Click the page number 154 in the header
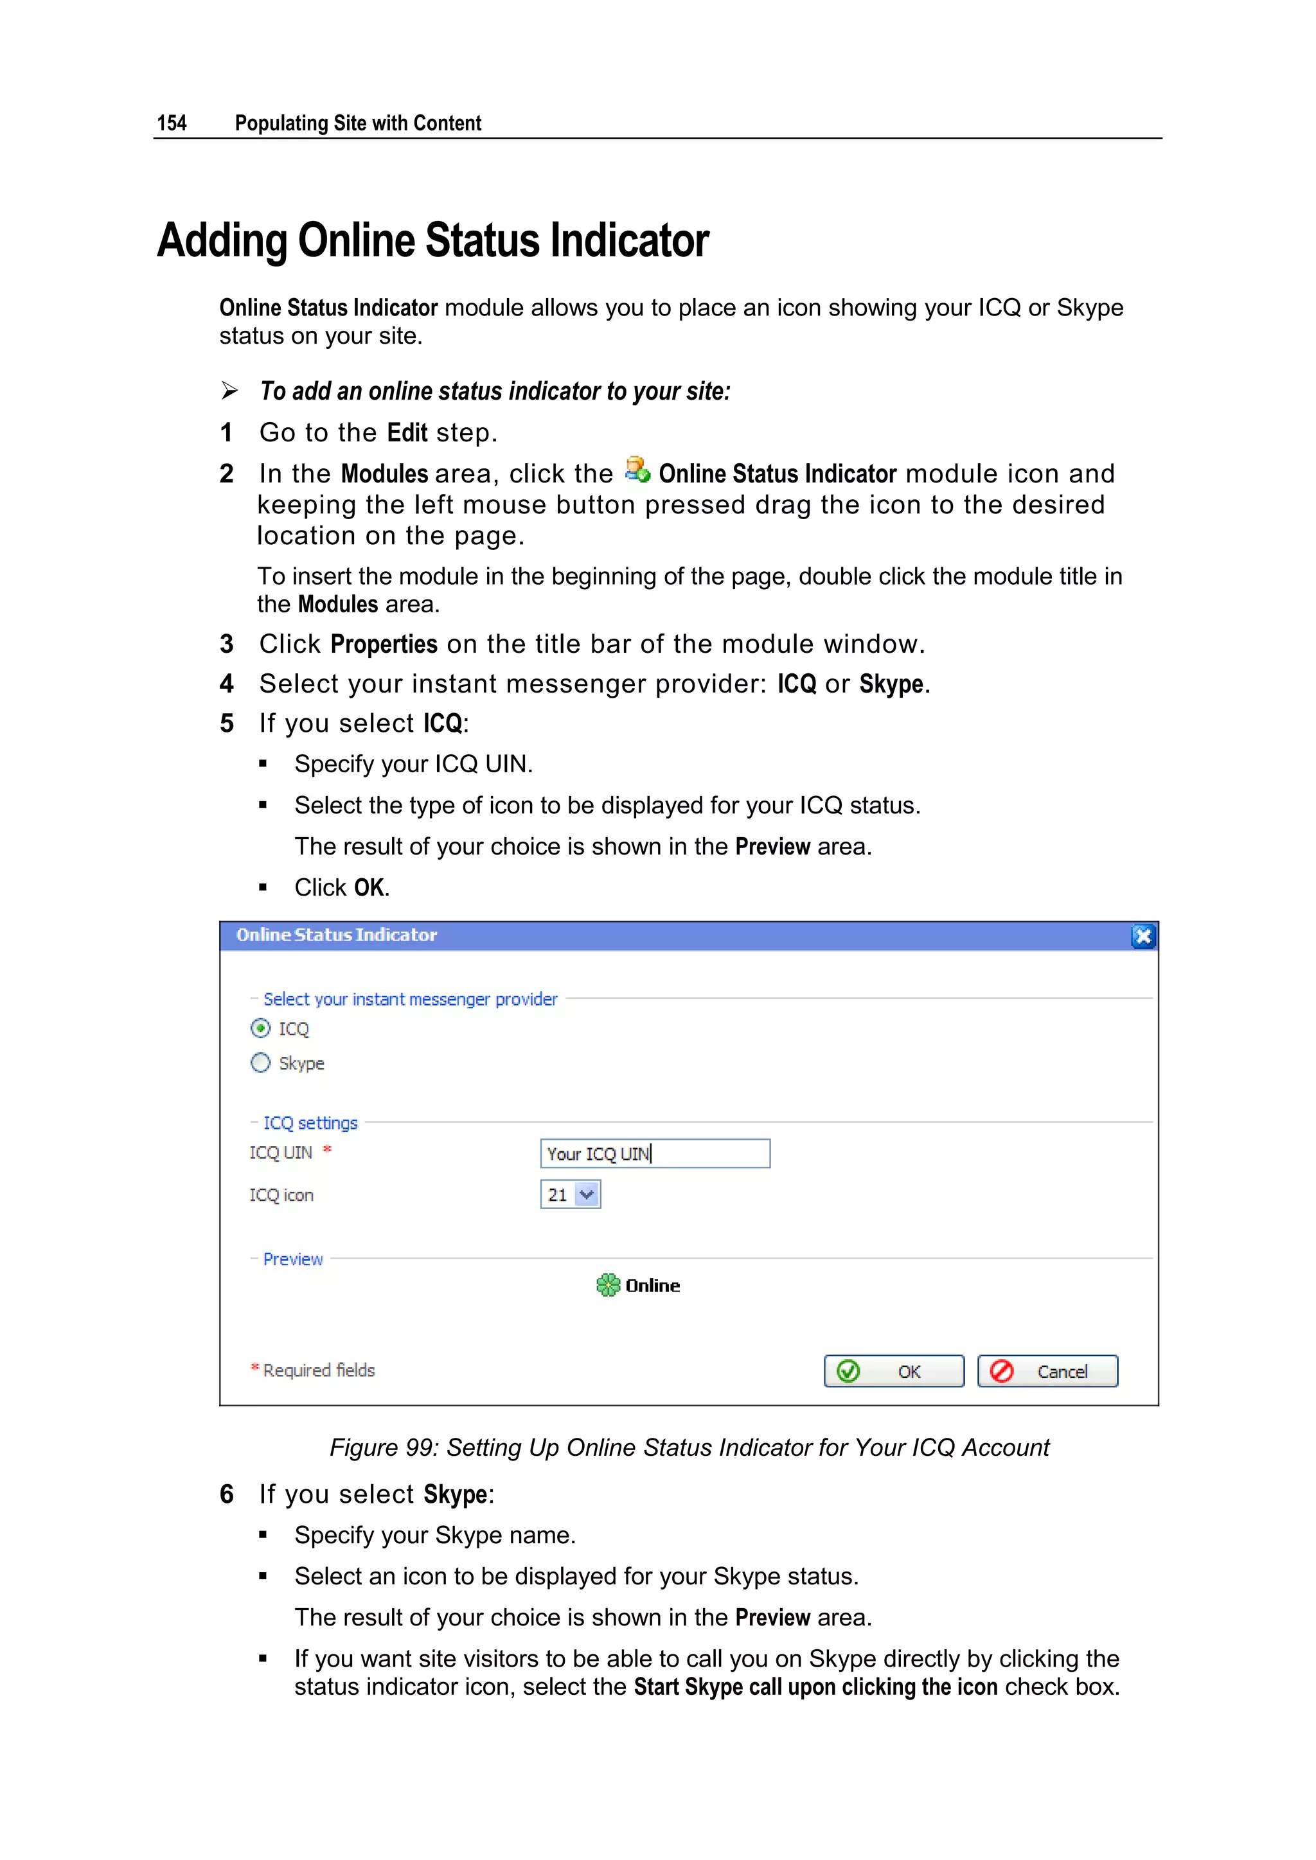tap(171, 123)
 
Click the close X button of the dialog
tap(1143, 937)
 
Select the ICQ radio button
tap(260, 1028)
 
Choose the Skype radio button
tap(260, 1062)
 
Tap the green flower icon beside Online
tap(608, 1285)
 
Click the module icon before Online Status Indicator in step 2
tap(637, 470)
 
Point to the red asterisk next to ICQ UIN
tap(327, 1149)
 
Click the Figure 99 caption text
tap(689, 1447)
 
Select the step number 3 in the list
tap(227, 644)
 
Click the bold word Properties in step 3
tap(384, 644)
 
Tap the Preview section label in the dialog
tap(292, 1259)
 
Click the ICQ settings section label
tap(310, 1123)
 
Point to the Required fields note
tap(319, 1370)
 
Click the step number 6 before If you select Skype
tap(227, 1494)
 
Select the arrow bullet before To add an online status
tap(230, 391)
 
